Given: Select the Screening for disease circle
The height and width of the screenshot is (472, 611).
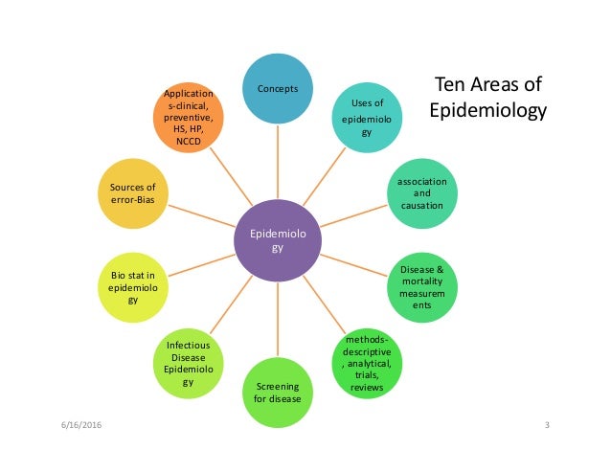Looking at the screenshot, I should (x=278, y=392).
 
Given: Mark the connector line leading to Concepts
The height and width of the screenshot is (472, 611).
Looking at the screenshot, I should (x=278, y=163).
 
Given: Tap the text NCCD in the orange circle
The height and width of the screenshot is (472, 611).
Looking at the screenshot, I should (x=189, y=138).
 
